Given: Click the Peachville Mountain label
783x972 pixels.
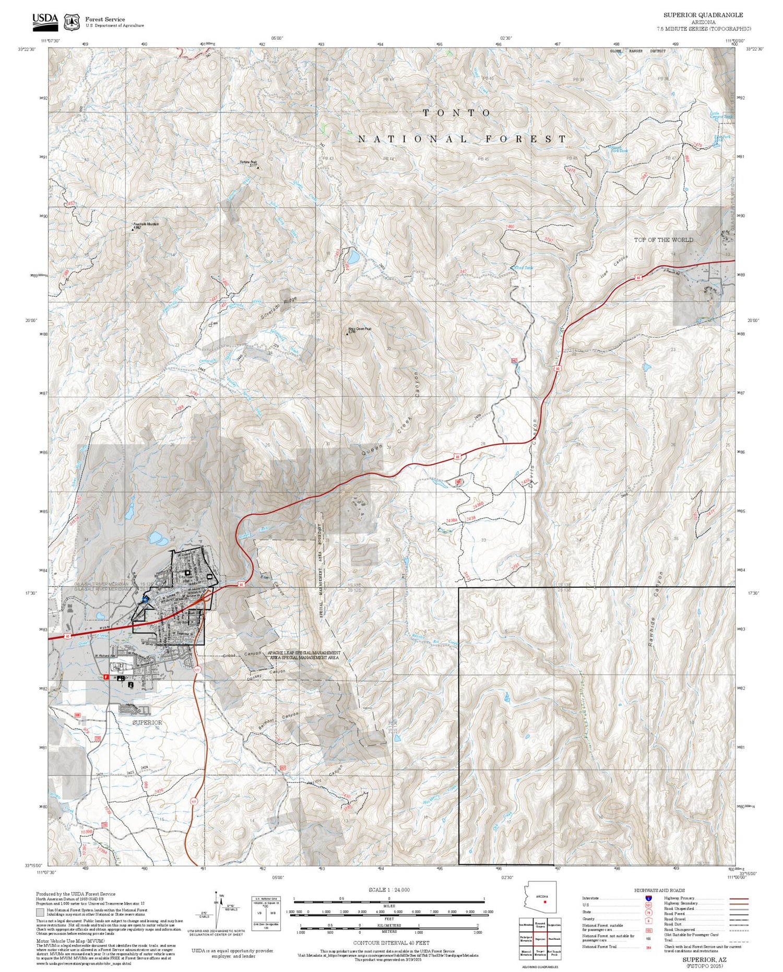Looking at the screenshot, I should pos(146,224).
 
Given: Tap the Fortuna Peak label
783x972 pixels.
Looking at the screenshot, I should pos(248,162).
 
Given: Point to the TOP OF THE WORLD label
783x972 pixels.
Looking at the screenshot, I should pos(663,240).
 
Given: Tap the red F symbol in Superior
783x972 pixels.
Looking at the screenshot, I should pos(106,677).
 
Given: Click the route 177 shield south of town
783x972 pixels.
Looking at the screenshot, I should pos(196,669).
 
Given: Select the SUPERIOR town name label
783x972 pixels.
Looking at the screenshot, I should pos(147,722).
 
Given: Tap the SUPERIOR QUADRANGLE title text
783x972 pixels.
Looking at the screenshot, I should pos(703,15).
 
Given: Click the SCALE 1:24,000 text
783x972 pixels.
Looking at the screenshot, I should pos(389,890).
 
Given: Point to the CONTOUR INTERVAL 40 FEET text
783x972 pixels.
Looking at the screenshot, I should pos(391,943).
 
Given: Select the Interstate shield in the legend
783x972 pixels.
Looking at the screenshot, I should pos(648,898).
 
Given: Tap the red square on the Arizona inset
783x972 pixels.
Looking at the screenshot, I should pos(544,902).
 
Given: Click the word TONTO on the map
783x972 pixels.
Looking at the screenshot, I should pos(456,113).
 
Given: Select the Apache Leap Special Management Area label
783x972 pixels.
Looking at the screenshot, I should pos(304,655).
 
